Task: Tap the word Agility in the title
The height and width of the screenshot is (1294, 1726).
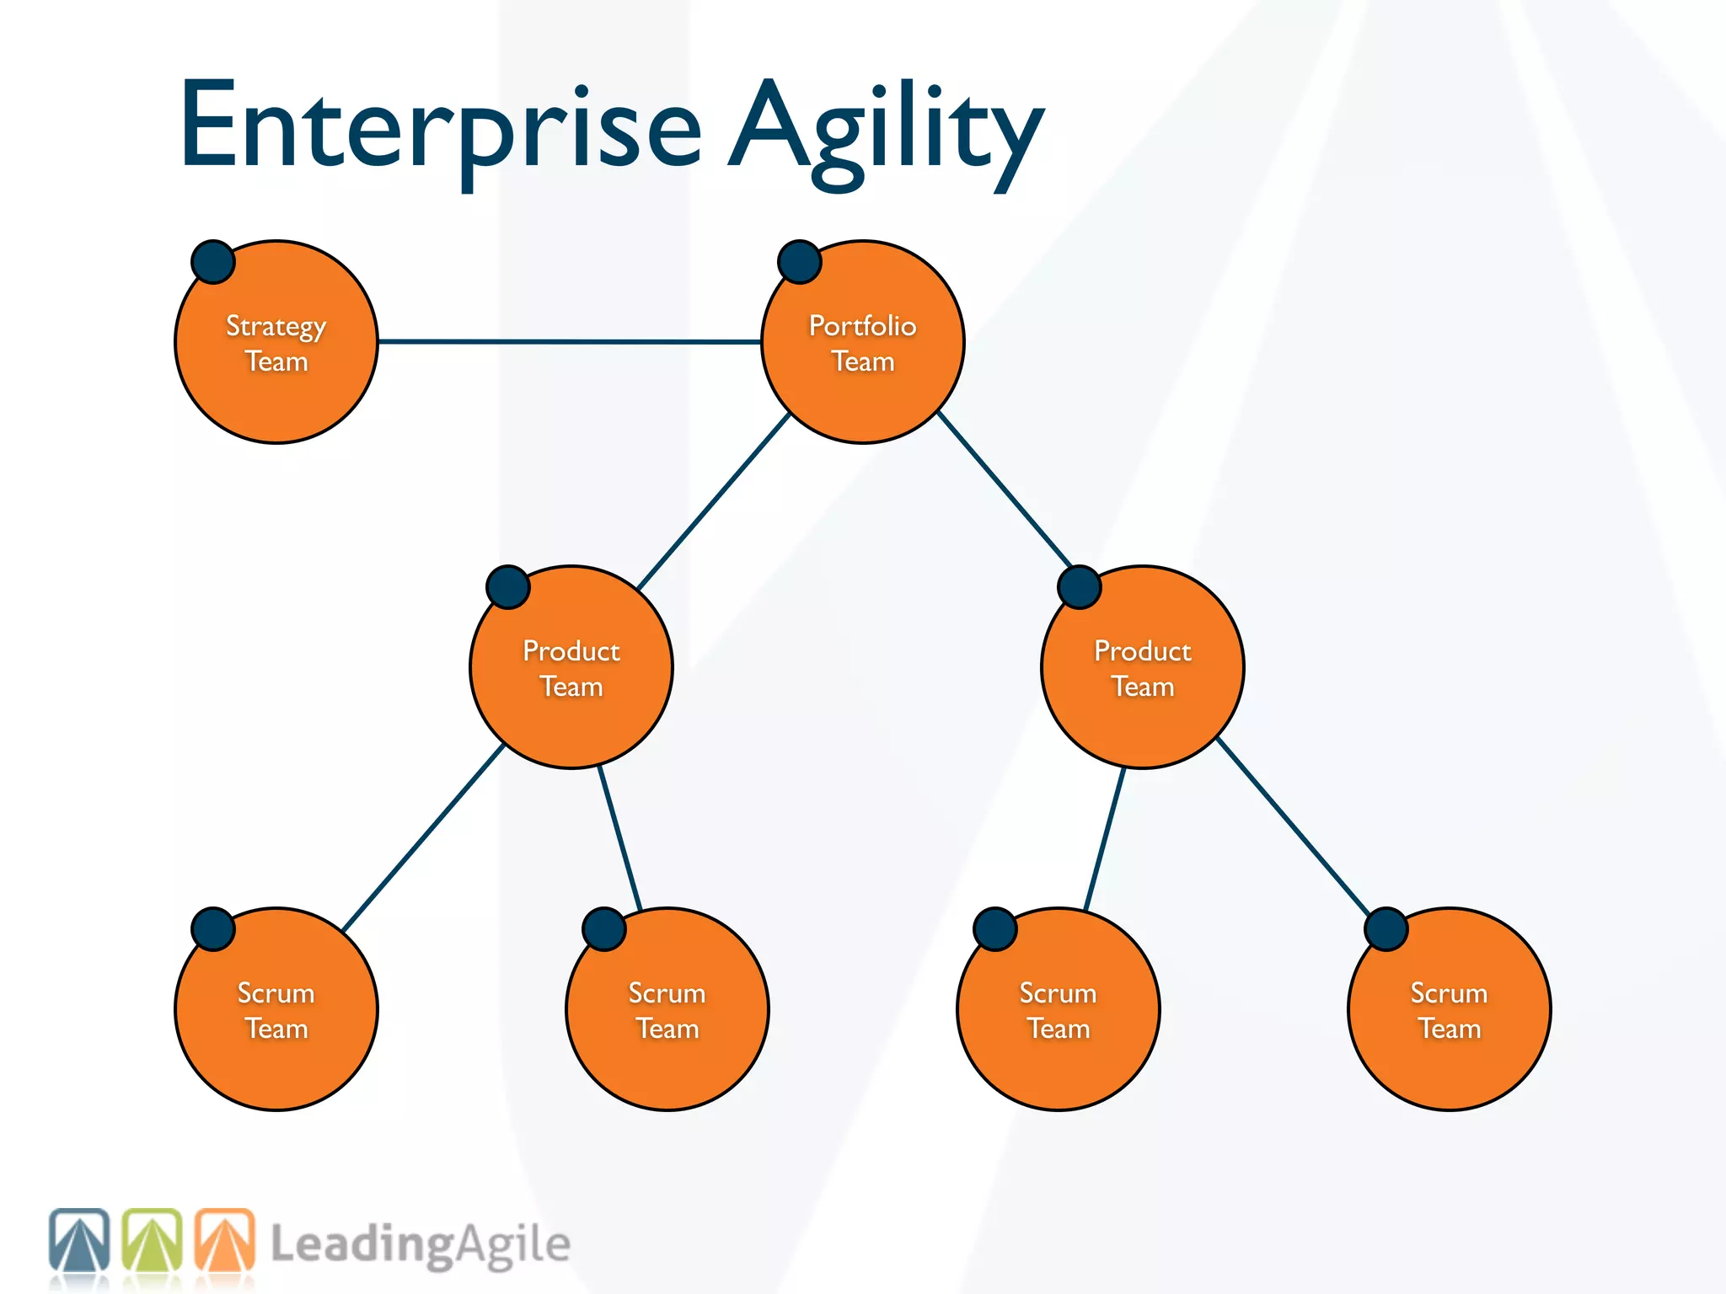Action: coord(885,131)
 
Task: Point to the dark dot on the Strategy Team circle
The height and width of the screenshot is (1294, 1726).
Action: coord(212,261)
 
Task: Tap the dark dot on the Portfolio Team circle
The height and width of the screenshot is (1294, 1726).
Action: coord(799,261)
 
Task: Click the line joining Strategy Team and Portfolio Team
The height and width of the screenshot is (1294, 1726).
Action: coord(569,341)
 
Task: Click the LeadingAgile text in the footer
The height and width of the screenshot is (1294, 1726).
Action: coord(420,1245)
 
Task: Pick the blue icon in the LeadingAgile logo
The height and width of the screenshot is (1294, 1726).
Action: coord(79,1240)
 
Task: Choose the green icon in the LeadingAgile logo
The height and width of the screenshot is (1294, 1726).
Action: coord(153,1240)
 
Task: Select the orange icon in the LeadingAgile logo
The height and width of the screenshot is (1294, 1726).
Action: coord(225,1240)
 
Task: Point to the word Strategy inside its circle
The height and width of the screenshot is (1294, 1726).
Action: coord(276,327)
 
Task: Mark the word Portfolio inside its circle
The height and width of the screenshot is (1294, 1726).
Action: coord(862,325)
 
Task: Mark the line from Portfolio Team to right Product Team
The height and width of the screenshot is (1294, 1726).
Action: coord(1005,489)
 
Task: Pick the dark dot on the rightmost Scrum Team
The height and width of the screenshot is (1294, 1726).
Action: coord(1386,928)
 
